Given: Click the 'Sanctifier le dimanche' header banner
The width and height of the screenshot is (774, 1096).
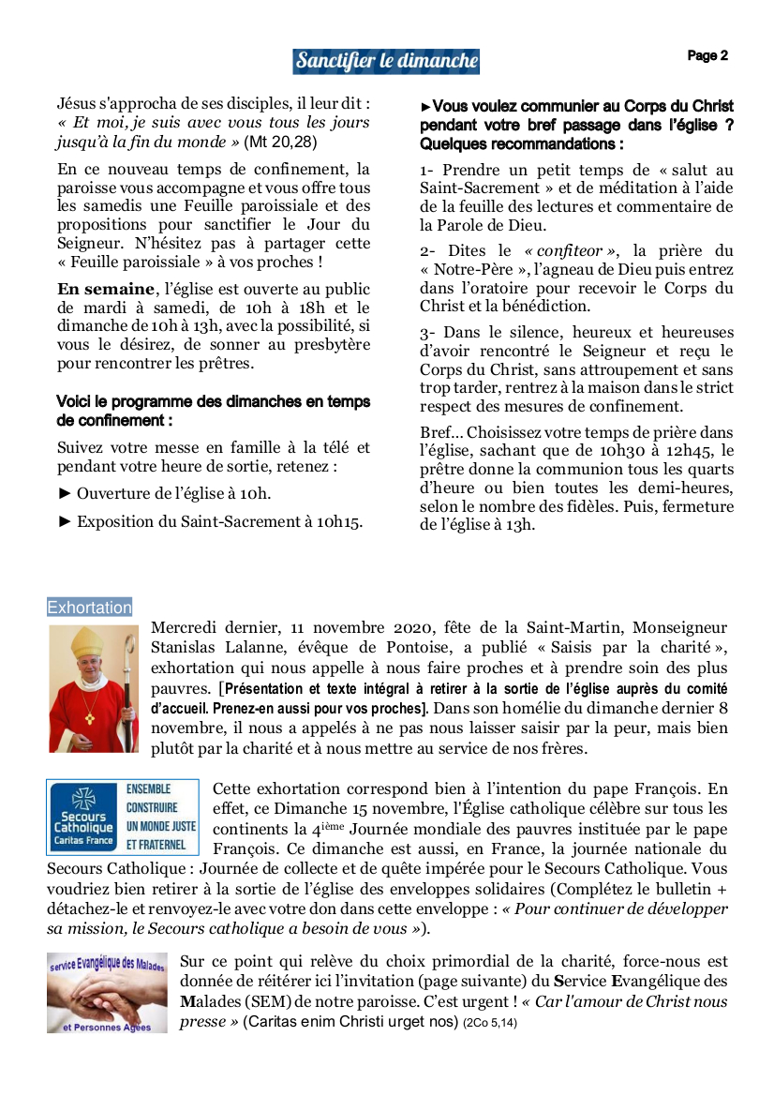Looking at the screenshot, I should [x=386, y=62].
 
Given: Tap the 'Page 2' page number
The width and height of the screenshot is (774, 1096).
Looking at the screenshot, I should [x=707, y=56].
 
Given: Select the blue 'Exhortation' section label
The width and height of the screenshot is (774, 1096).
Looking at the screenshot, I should [x=90, y=608].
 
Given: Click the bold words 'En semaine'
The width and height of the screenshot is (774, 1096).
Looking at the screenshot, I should [x=104, y=289].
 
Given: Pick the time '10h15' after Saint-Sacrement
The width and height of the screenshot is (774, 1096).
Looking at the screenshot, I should [x=342, y=522].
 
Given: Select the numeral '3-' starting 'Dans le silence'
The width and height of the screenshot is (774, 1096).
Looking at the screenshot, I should [x=428, y=333].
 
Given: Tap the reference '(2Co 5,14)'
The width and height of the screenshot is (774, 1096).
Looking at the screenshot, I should [x=490, y=1023].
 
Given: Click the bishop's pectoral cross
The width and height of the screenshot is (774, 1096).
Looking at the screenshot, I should [x=89, y=718].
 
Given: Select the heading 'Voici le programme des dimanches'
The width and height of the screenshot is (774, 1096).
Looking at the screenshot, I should [x=213, y=402].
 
